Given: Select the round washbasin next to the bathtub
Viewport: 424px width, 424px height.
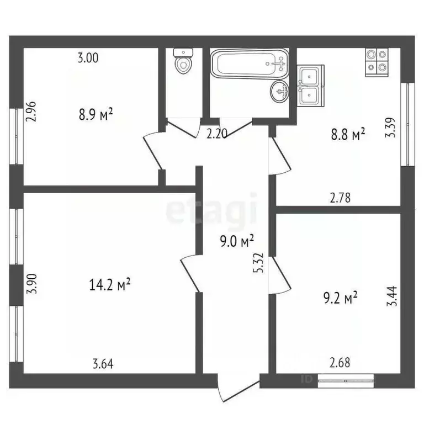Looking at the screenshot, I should (x=280, y=90).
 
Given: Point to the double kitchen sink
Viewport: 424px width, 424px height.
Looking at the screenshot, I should (x=311, y=84).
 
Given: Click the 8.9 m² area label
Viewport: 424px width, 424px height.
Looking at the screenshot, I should (x=96, y=115).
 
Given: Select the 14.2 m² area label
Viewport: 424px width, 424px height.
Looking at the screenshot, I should (x=109, y=284).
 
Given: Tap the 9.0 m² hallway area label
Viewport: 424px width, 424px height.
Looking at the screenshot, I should (x=236, y=241).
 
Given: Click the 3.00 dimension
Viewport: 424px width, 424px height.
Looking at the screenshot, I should (x=88, y=58).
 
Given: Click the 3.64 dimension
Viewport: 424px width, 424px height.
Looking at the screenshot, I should (x=103, y=363).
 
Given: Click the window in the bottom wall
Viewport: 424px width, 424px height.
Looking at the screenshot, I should (x=346, y=379).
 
